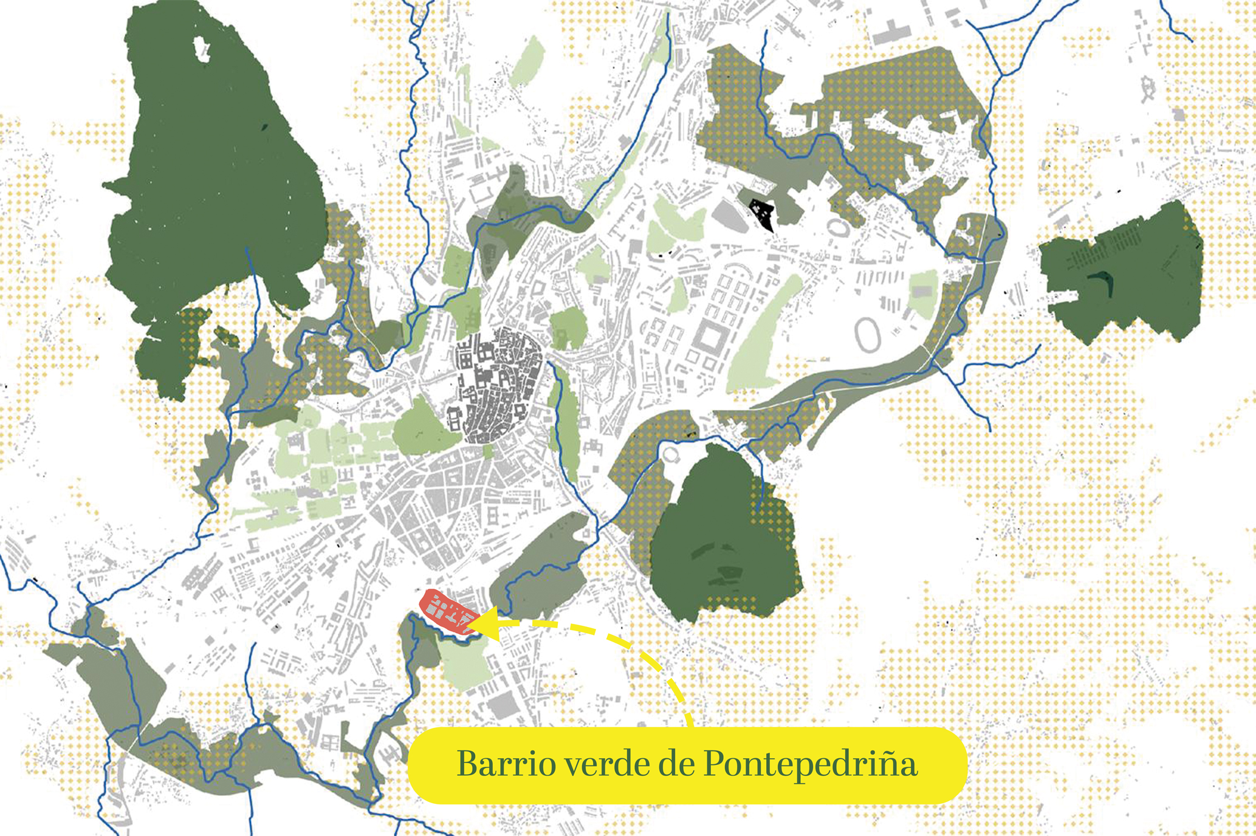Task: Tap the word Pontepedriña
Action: pyautogui.click(x=811, y=765)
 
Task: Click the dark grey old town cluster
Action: pyautogui.click(x=495, y=383)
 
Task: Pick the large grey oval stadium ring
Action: pyautogui.click(x=870, y=335)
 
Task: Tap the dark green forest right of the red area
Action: pyautogui.click(x=723, y=541)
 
